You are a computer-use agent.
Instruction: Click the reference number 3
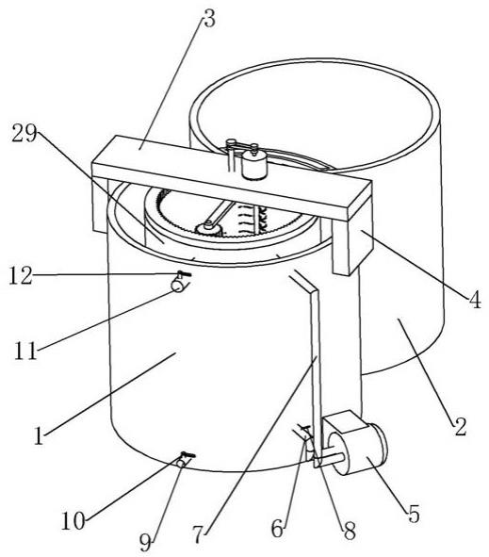[x=209, y=19]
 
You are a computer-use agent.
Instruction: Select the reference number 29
[x=24, y=134]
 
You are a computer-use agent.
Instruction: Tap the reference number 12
[x=21, y=276]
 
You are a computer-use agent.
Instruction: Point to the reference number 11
[x=25, y=351]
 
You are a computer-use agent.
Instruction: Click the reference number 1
[x=39, y=435]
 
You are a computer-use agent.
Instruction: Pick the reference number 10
[x=73, y=521]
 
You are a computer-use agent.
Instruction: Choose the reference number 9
[x=146, y=543]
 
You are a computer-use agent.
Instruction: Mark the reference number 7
[x=199, y=533]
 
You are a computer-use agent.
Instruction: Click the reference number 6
[x=278, y=529]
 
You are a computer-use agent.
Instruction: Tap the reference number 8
[x=350, y=532]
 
